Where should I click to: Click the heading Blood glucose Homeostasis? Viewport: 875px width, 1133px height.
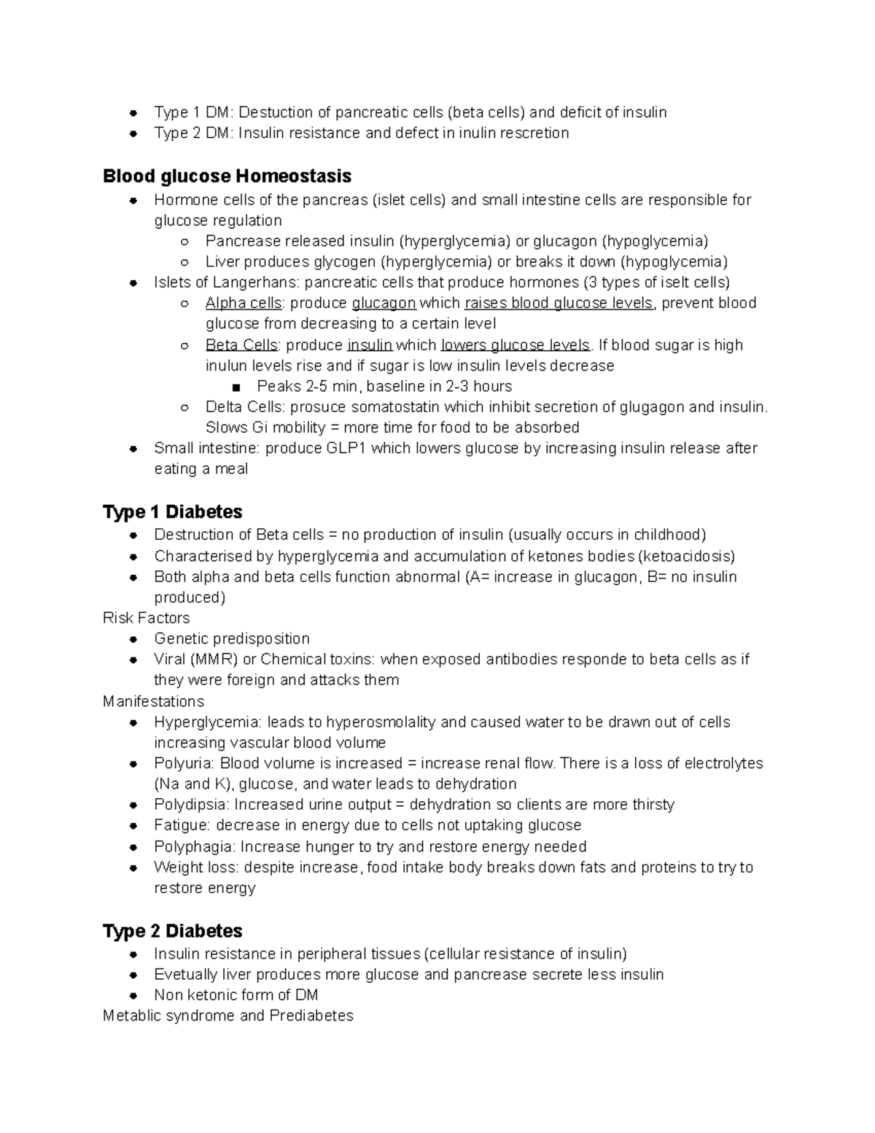coord(227,177)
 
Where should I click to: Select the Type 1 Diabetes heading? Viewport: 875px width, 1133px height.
coord(172,512)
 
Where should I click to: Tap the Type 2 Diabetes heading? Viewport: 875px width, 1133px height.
coord(172,932)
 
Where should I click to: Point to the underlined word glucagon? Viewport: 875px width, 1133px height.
coord(384,303)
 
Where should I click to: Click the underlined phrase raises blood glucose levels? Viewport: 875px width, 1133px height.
coord(559,303)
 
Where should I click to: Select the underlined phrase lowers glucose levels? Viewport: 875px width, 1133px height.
coord(516,345)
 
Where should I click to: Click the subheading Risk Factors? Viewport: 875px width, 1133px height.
coord(146,619)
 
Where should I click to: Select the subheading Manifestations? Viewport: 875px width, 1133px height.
coord(153,702)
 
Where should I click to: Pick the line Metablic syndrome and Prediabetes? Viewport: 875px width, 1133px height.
coord(227,1016)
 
